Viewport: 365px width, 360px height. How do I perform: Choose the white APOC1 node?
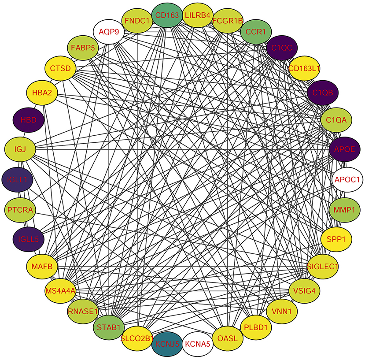pyautogui.click(x=347, y=179)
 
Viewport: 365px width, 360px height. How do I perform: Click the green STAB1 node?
pyautogui.click(x=108, y=327)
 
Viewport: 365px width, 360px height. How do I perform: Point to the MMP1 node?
pyautogui.click(x=345, y=210)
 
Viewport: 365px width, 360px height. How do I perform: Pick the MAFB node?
pyautogui.click(x=42, y=266)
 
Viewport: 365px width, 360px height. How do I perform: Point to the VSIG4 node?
pyautogui.click(x=304, y=291)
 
